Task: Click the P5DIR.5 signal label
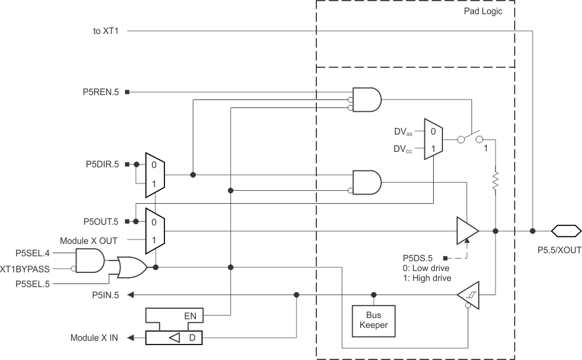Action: tap(102, 165)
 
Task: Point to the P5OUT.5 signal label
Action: tap(102, 221)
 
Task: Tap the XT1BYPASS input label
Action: tap(25, 269)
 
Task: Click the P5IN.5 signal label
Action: tap(106, 295)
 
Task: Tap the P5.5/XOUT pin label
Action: tap(559, 252)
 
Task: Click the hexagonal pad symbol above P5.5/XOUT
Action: tap(566, 231)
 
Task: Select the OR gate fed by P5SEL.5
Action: tap(132, 267)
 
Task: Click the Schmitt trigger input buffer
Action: tap(468, 295)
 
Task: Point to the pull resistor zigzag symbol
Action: tap(496, 181)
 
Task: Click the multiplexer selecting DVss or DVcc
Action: tap(432, 140)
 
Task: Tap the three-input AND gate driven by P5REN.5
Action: tap(366, 99)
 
